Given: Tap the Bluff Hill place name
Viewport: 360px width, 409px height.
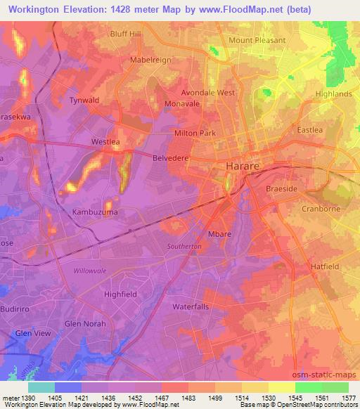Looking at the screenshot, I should click(x=126, y=33).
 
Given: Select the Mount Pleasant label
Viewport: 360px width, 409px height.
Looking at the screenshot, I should click(x=257, y=40).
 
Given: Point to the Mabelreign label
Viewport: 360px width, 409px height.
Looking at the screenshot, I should click(x=150, y=60).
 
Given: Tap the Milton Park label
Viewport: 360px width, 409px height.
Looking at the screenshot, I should click(x=195, y=133).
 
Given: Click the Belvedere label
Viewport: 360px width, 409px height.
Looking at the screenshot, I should click(x=171, y=158).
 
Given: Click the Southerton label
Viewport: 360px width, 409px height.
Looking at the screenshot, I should click(x=184, y=247).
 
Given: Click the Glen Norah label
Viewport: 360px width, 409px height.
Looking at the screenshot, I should click(x=83, y=323).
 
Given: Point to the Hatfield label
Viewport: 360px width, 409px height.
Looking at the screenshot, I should click(x=326, y=266).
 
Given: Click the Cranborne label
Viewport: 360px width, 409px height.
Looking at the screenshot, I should click(x=320, y=209).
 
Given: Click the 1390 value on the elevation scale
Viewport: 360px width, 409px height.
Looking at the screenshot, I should click(x=25, y=398).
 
